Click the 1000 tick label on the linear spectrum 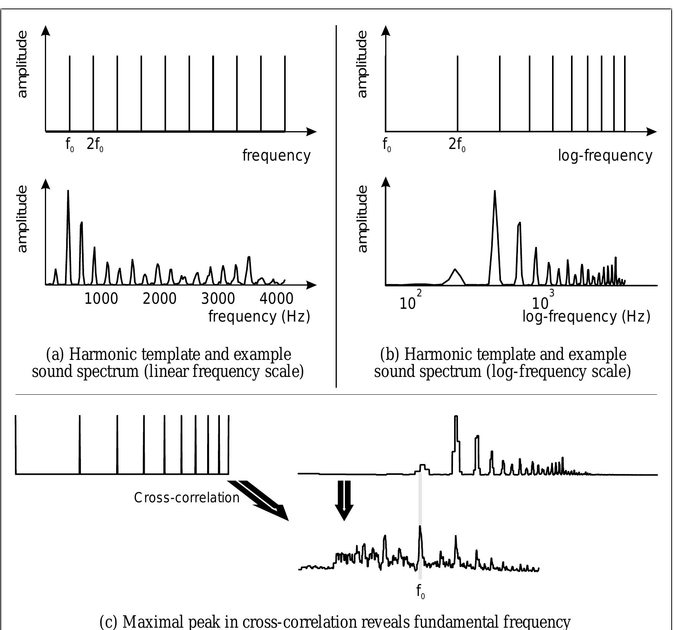pos(101,299)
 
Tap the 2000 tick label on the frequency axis pos(159,299)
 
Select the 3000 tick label pos(218,299)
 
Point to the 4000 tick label pos(276,299)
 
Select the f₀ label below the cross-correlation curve pos(420,592)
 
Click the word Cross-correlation pos(187,498)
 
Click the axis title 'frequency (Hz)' pos(259,317)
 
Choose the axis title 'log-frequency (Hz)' pos(586,317)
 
